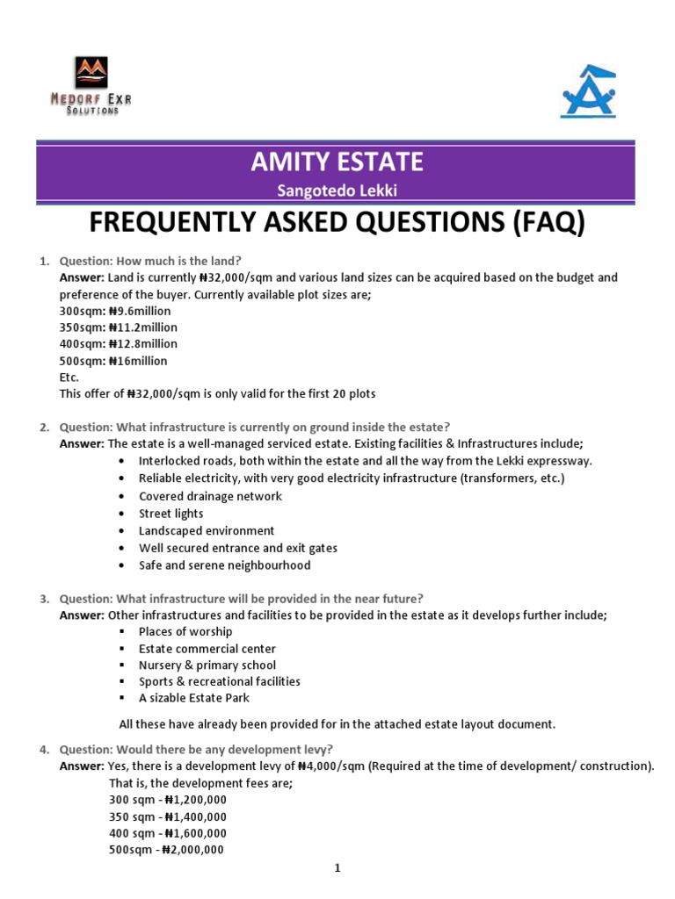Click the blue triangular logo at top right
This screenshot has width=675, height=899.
(588, 91)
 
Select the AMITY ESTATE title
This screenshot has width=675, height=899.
(337, 162)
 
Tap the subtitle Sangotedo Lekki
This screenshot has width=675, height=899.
(337, 192)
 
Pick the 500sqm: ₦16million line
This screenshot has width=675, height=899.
(112, 361)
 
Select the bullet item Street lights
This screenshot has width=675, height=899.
(171, 514)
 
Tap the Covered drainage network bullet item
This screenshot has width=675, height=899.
(210, 496)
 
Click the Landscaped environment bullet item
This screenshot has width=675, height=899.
(207, 530)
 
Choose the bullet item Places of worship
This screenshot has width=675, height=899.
(185, 631)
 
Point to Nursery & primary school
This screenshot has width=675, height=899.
(207, 665)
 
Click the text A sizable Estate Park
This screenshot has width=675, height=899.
(194, 698)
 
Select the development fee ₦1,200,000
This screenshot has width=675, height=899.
(196, 800)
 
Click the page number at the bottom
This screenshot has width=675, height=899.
(337, 869)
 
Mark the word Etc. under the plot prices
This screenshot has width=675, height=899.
(69, 377)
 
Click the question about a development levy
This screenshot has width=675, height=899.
(196, 749)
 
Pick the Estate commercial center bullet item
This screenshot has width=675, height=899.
(207, 648)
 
